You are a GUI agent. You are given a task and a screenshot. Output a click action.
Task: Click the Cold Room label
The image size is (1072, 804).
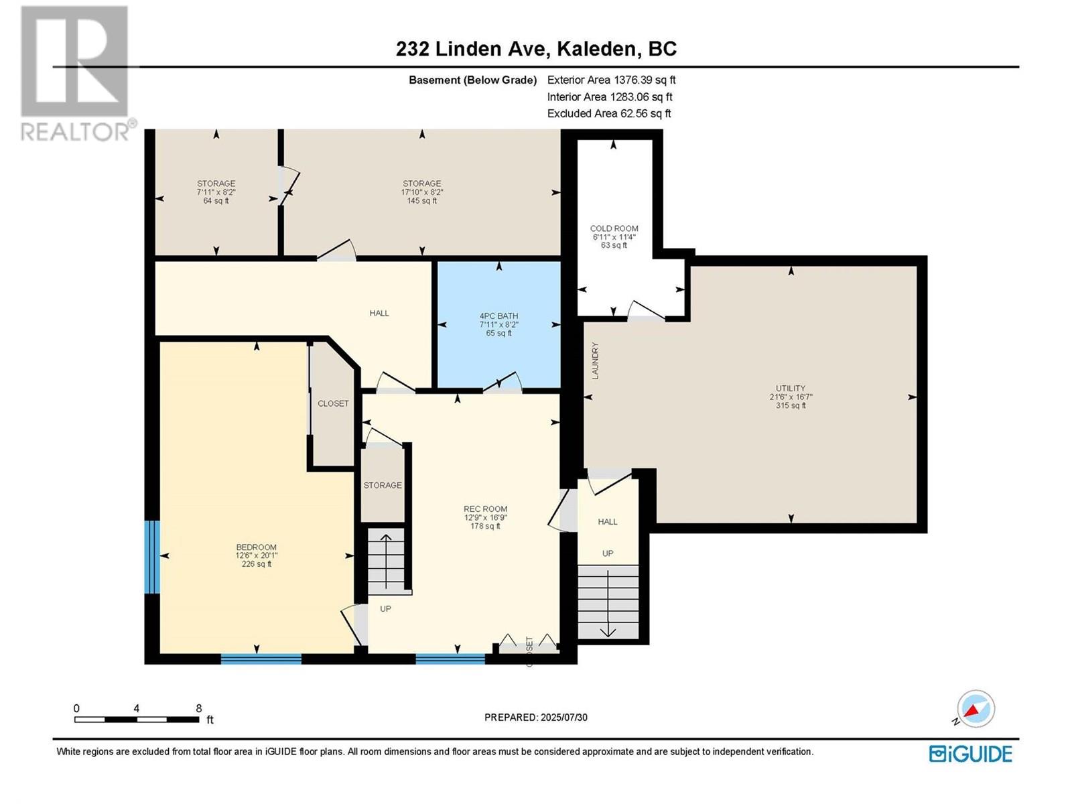(x=614, y=228)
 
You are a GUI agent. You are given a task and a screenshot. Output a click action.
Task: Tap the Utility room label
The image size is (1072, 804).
(x=790, y=389)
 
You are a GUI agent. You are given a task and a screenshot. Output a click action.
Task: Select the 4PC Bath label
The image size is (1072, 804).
(x=498, y=316)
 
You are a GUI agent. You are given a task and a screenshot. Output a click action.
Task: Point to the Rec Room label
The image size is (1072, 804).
(x=485, y=509)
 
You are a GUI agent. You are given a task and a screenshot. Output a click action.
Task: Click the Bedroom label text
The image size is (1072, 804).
(x=256, y=547)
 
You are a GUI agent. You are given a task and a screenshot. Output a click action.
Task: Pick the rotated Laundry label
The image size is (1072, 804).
(x=595, y=360)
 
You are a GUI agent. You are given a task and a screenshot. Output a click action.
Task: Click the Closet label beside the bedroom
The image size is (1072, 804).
(x=333, y=403)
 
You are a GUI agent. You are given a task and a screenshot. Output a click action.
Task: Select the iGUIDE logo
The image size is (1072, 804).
(x=970, y=754)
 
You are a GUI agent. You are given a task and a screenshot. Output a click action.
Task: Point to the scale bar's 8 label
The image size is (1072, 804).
(x=198, y=708)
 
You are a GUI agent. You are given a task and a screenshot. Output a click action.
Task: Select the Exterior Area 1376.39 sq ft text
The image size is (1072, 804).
(x=611, y=80)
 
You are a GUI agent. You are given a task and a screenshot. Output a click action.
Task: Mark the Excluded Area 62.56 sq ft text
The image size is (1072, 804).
(x=608, y=114)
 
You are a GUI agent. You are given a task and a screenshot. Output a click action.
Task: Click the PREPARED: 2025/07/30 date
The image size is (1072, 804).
(x=536, y=718)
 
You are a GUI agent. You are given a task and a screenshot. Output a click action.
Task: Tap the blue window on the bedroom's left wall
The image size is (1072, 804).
(x=152, y=557)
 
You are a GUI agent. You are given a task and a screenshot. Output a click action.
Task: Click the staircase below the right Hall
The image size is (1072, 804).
(x=608, y=602)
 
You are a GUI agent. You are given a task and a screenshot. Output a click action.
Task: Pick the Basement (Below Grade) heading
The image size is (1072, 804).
(x=473, y=80)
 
